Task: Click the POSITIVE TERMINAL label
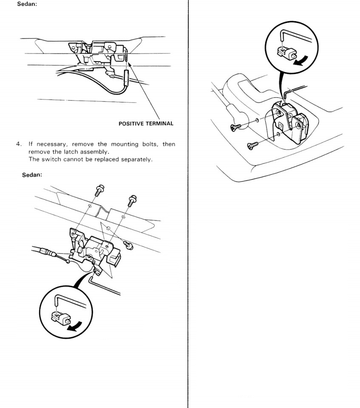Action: point(146,124)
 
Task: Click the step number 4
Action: point(19,144)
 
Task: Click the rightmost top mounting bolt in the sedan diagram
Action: point(131,199)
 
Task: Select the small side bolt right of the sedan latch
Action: point(128,244)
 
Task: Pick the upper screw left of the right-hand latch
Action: point(235,127)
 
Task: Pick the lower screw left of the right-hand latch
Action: point(252,146)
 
